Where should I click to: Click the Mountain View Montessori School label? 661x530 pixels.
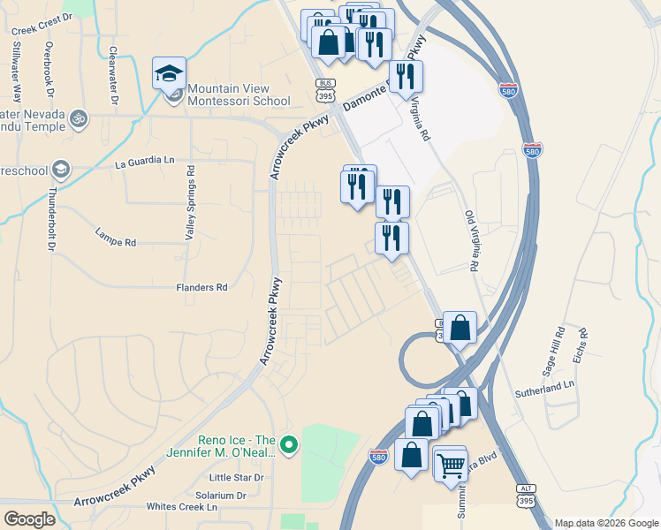238,95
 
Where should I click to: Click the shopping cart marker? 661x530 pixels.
451,464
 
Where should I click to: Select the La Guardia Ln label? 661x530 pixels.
145,162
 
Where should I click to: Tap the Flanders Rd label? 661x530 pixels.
201,287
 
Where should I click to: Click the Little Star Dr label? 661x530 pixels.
237,478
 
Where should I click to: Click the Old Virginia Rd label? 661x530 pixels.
472,241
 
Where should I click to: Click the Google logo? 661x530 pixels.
30,519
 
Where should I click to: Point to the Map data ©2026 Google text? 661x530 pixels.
605,523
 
